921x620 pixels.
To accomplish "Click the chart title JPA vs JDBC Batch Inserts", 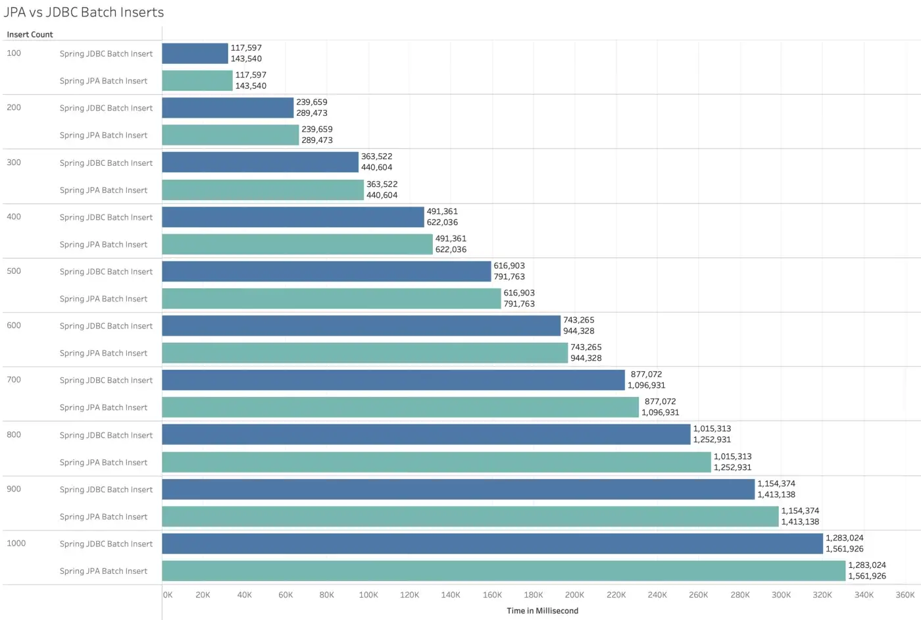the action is click(84, 13).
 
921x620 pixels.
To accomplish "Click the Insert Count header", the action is click(30, 35).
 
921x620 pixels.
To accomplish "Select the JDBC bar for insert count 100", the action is click(195, 53).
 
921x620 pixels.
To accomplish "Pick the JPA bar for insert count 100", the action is click(197, 81).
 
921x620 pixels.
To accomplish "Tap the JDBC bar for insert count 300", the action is click(261, 162).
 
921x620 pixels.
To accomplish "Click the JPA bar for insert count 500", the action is click(332, 299).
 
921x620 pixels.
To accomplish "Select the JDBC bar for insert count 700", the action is click(393, 380).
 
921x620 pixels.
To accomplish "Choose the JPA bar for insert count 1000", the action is click(504, 571).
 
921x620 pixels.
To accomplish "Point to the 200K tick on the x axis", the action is click(574, 595).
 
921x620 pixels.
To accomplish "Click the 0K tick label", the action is click(168, 595).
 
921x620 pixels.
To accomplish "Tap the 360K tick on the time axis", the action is click(905, 595).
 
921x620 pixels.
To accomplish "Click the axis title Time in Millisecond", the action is click(542, 611).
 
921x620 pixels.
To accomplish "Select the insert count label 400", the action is click(14, 217).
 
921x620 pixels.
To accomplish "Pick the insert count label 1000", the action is click(16, 543).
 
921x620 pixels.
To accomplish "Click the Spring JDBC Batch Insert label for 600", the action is click(106, 326).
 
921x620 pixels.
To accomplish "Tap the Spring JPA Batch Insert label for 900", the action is click(103, 517).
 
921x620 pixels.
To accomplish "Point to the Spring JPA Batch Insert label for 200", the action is click(103, 135).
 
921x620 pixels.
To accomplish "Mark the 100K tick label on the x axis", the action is click(368, 595).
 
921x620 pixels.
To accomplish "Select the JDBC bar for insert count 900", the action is click(459, 489).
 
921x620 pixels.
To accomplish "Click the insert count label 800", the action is click(14, 434).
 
